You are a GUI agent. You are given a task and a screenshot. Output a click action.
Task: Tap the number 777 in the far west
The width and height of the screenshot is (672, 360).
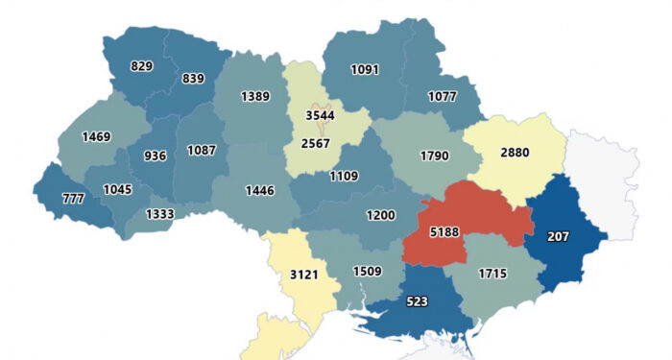(x=72, y=198)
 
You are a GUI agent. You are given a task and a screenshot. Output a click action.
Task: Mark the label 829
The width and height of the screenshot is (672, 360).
(x=141, y=65)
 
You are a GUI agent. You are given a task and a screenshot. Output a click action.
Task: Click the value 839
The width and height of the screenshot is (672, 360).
(x=194, y=78)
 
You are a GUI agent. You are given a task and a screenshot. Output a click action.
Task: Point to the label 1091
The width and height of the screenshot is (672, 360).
(x=365, y=69)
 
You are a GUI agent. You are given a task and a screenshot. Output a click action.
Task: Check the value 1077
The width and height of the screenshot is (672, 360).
(x=441, y=96)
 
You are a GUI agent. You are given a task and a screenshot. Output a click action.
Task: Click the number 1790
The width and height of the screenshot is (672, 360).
(x=435, y=155)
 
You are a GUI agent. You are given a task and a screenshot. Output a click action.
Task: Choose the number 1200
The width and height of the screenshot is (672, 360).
(x=380, y=215)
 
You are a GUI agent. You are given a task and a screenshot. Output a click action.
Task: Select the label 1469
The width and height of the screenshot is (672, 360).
(x=96, y=136)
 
